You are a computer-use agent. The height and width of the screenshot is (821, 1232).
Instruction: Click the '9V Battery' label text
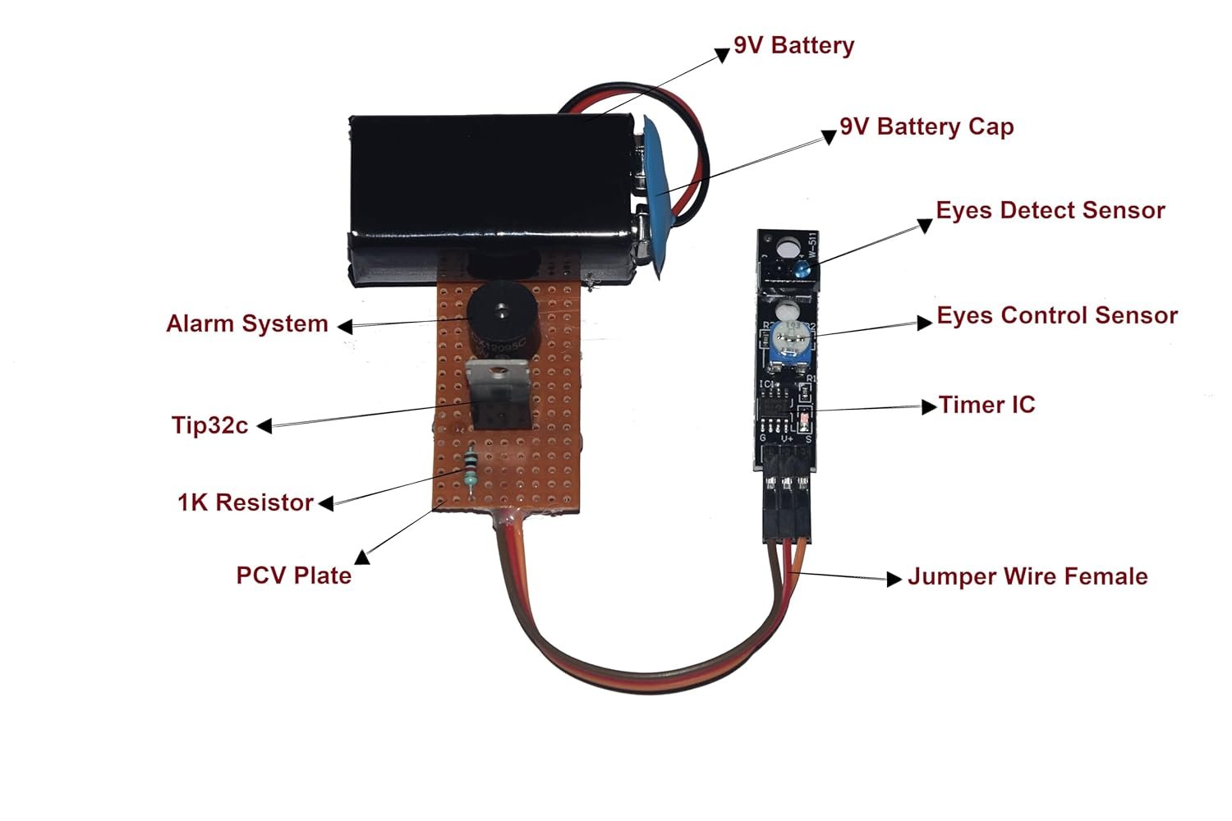point(793,45)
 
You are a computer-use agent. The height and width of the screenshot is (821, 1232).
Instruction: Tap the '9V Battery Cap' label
point(926,126)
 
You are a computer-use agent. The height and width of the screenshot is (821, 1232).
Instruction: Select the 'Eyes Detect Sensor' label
point(1050,210)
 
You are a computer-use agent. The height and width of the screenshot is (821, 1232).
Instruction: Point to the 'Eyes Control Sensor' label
point(1057,315)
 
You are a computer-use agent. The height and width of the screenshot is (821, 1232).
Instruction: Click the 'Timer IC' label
point(986,405)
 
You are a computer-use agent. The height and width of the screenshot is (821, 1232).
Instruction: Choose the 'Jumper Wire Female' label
point(1027,576)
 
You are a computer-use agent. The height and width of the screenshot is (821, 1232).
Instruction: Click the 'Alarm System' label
point(247,323)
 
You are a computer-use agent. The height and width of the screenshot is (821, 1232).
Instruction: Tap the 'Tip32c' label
point(210,425)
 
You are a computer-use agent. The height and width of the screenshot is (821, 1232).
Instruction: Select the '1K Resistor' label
point(246,502)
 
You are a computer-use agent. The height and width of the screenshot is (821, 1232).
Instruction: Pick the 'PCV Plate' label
point(294,575)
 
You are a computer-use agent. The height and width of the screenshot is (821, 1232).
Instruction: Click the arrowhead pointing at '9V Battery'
point(722,55)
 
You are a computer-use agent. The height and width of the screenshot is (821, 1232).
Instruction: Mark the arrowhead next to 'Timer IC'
point(929,406)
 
